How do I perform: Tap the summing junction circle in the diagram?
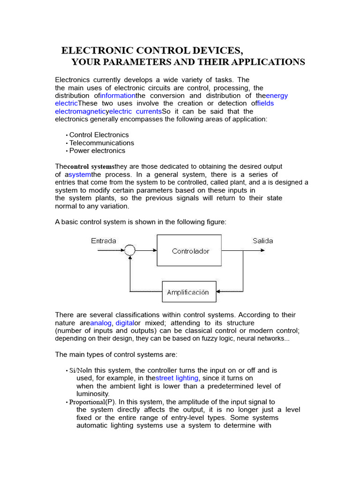[130, 251]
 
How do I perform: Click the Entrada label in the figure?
[104, 241]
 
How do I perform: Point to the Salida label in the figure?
[262, 241]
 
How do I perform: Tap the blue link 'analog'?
[101, 323]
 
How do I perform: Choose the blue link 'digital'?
[124, 323]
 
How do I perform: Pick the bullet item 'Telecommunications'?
[101, 143]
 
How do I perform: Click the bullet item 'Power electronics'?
[97, 150]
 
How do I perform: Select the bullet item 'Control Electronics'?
[98, 135]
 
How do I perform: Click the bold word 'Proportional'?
[87, 402]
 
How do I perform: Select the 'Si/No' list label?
[77, 370]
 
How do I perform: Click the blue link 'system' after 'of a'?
[80, 174]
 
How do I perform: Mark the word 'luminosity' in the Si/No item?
[92, 394]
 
